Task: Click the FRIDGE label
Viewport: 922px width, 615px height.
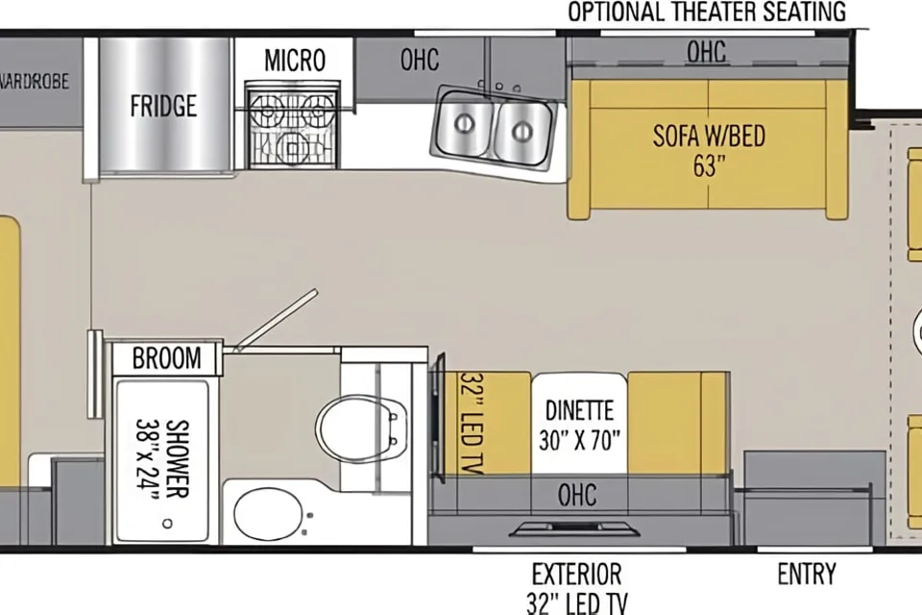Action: coord(163,106)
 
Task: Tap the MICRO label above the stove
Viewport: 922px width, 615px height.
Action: coord(295,60)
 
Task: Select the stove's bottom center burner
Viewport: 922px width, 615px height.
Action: coord(292,144)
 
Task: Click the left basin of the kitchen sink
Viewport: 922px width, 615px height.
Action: coord(465,124)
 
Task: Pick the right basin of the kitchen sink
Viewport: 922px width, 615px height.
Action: coord(522,132)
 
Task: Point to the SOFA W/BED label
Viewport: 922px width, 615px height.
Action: coord(709,135)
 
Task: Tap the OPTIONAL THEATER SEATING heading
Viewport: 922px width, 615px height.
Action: coord(706,12)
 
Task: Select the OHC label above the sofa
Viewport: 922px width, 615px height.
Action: coord(706,52)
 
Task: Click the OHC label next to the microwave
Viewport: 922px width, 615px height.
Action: coord(420,60)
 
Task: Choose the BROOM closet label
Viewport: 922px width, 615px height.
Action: coord(166,357)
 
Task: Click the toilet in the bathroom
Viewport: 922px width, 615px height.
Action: coord(360,429)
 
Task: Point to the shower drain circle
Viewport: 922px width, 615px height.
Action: coord(167,523)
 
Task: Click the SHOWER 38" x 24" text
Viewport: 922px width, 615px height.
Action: coord(161,459)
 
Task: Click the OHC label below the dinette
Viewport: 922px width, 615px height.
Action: coord(577,495)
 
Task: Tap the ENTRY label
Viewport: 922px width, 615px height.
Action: coord(806,574)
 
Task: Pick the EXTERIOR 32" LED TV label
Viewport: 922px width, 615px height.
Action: coord(577,588)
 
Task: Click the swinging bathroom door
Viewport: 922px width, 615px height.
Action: coord(276,320)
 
